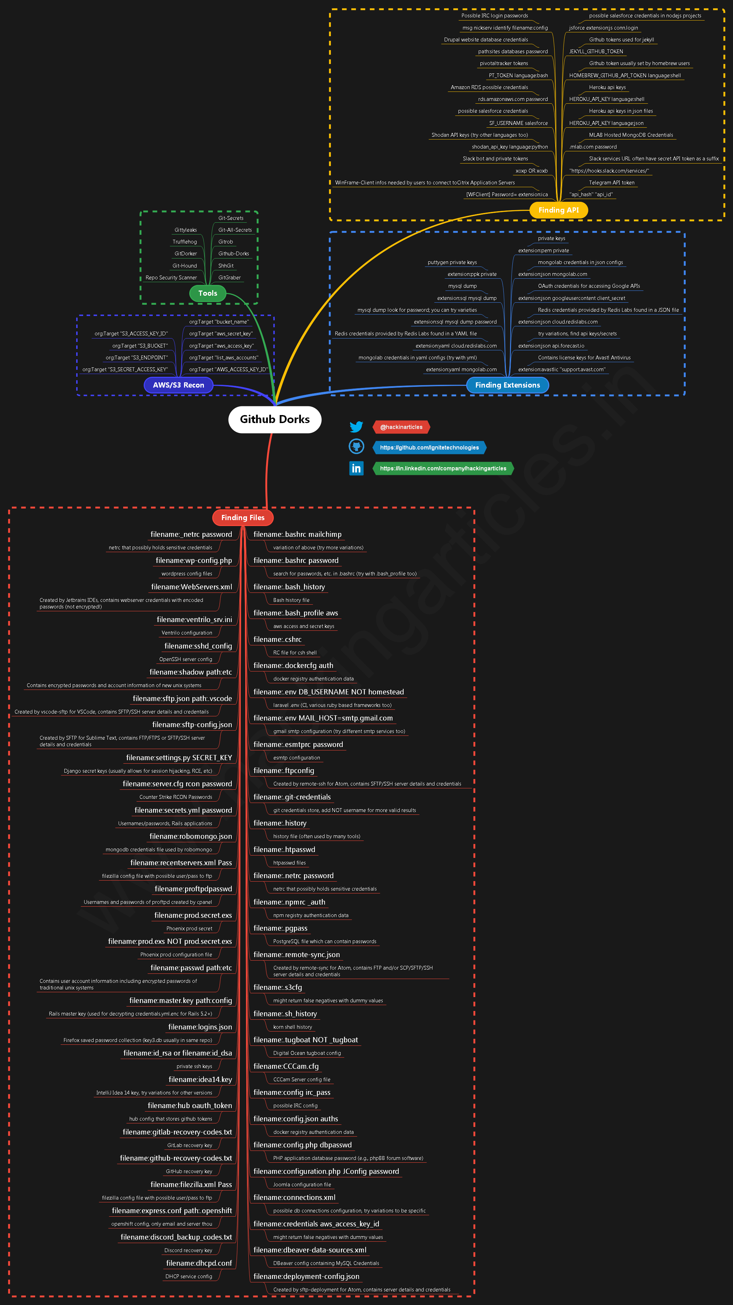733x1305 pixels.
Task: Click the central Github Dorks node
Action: coord(274,420)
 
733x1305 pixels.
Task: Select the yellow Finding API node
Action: coord(558,210)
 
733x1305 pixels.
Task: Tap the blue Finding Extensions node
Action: coord(507,385)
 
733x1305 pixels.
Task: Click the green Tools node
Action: coord(208,293)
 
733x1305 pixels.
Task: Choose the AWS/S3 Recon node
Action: coord(178,385)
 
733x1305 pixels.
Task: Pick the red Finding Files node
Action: coord(242,517)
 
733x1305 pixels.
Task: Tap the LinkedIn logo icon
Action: coord(356,468)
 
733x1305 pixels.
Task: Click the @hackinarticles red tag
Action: coord(401,427)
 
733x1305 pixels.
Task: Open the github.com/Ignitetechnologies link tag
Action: coord(429,447)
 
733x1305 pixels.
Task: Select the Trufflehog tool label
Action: coord(184,242)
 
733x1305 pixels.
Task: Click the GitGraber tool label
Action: coord(230,278)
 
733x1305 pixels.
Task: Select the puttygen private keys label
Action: coord(452,262)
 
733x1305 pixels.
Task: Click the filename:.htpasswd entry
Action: coord(284,850)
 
